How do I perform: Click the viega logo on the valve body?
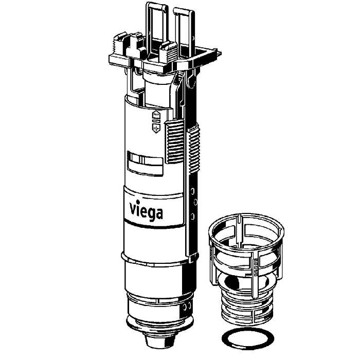click(146, 210)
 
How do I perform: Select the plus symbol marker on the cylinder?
click(156, 129)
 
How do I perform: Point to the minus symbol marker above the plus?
click(156, 115)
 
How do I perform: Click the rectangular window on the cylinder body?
click(145, 163)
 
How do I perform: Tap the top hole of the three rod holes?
click(193, 191)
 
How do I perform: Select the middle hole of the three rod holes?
click(195, 202)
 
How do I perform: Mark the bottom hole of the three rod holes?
click(193, 216)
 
